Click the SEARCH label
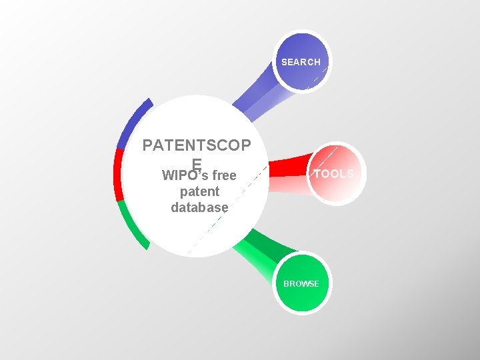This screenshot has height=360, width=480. (301, 62)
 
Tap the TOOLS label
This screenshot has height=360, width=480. (334, 174)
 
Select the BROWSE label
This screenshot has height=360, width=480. (301, 284)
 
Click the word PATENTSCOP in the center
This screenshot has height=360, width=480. (197, 146)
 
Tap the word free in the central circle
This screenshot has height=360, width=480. (224, 177)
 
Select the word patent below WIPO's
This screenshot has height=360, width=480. (199, 192)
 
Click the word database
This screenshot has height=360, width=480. (199, 207)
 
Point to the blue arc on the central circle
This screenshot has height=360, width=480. (133, 123)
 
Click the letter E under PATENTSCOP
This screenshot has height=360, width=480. (197, 163)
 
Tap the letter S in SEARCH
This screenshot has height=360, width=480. (284, 62)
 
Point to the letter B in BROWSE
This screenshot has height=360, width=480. (286, 284)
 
